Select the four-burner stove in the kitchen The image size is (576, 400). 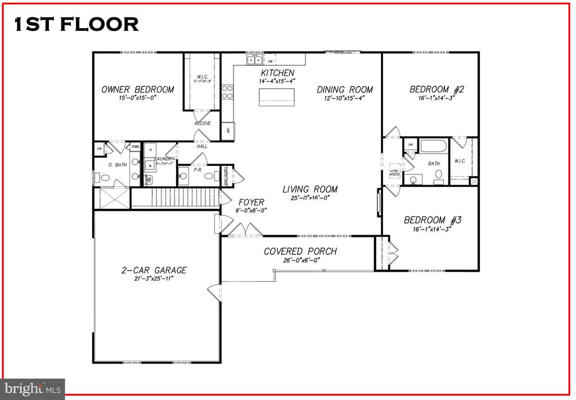point(228,92)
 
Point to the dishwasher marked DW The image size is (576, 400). point(271,61)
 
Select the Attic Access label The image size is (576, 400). point(394,172)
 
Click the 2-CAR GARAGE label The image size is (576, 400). point(154,270)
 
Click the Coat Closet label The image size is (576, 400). point(226,175)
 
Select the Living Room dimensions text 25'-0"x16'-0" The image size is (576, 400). point(310,198)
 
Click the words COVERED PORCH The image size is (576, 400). point(300,251)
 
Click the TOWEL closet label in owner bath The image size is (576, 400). point(135,147)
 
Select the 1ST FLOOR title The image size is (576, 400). point(76,24)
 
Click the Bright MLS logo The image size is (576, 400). point(33,388)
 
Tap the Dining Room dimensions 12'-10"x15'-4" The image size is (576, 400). point(344,98)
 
